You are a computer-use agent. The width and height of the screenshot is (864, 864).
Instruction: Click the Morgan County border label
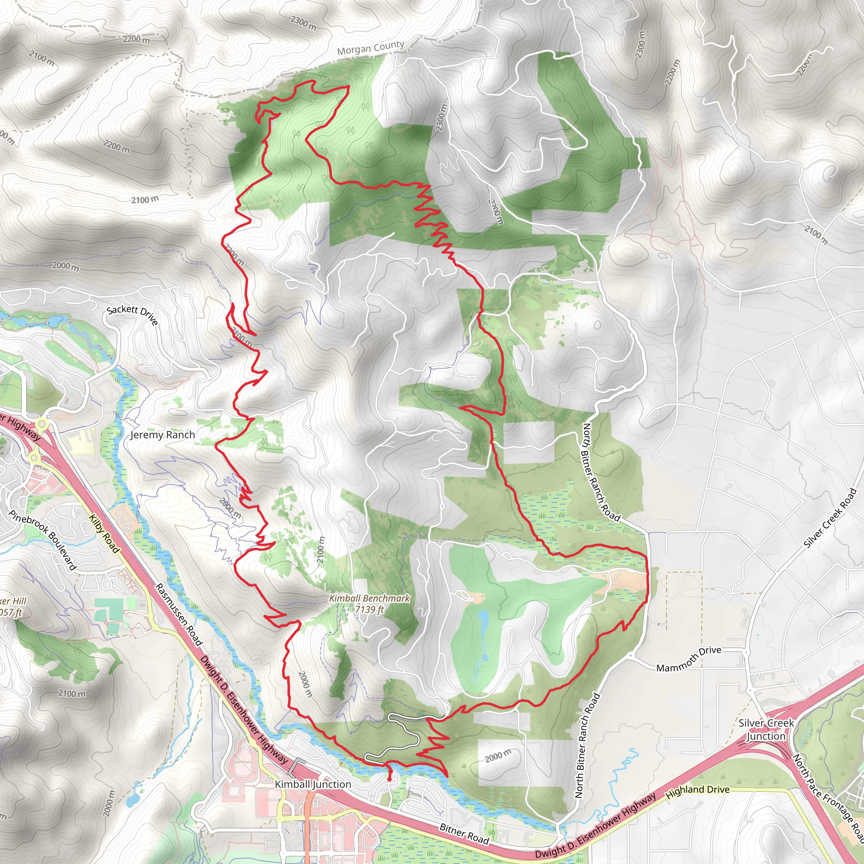pyautogui.click(x=370, y=48)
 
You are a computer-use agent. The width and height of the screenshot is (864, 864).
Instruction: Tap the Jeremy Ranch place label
pyautogui.click(x=162, y=435)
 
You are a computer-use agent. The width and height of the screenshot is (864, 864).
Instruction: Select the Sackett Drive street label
pyautogui.click(x=132, y=315)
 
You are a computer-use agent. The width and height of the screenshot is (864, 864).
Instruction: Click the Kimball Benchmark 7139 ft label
pyautogui.click(x=370, y=604)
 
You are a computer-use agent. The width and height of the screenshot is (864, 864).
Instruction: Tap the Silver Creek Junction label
pyautogui.click(x=766, y=729)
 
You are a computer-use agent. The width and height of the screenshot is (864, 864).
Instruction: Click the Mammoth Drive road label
pyautogui.click(x=688, y=659)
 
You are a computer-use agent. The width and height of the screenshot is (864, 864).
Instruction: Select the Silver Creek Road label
pyautogui.click(x=829, y=518)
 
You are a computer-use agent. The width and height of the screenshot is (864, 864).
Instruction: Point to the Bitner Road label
pyautogui.click(x=464, y=834)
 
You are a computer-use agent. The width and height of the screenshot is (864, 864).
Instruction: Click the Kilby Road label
pyautogui.click(x=104, y=534)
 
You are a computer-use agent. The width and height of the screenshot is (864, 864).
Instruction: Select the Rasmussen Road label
pyautogui.click(x=179, y=614)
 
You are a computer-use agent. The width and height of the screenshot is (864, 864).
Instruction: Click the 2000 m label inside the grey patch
pyautogui.click(x=498, y=756)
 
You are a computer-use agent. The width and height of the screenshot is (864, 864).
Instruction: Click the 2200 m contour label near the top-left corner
pyautogui.click(x=136, y=39)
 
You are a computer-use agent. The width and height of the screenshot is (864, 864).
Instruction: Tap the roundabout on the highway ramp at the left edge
pyautogui.click(x=42, y=423)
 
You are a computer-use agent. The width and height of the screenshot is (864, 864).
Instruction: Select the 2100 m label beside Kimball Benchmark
pyautogui.click(x=321, y=549)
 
